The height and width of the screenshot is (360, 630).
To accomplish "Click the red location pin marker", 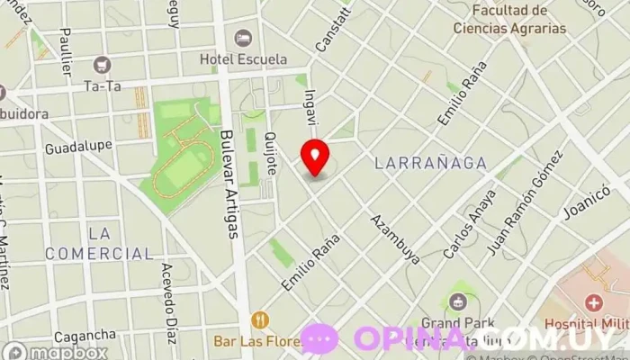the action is (x=315, y=157).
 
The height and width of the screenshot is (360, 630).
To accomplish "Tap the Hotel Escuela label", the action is (x=243, y=59).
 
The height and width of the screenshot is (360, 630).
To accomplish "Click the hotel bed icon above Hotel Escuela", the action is (x=242, y=38).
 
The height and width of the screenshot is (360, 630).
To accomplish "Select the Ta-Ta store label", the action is (x=101, y=86).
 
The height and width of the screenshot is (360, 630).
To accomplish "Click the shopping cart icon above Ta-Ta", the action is (x=101, y=65).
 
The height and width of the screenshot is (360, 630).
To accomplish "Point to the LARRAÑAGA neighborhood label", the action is (x=430, y=164).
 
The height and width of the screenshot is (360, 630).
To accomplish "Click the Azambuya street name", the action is (x=396, y=238).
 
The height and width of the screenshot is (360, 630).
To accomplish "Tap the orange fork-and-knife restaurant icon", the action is (x=261, y=319).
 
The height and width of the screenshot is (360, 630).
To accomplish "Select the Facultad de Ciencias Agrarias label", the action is (x=509, y=19).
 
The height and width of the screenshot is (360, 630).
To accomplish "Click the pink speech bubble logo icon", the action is (x=319, y=338).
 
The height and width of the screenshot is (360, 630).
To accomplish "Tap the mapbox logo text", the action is (x=68, y=353).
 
